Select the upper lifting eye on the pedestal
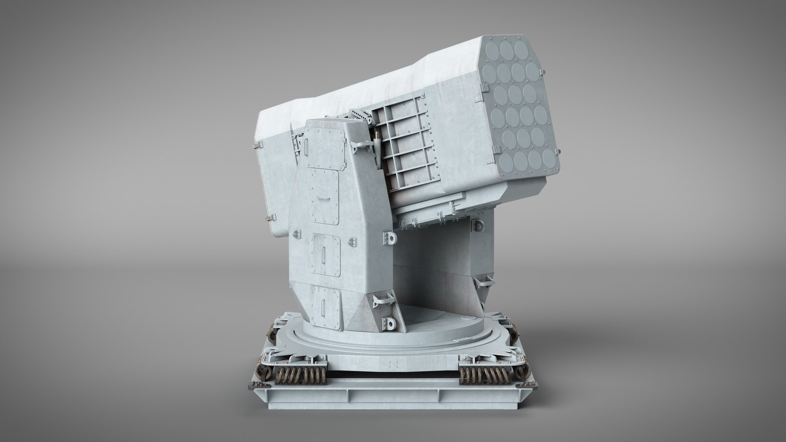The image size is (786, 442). tap(389, 237)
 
